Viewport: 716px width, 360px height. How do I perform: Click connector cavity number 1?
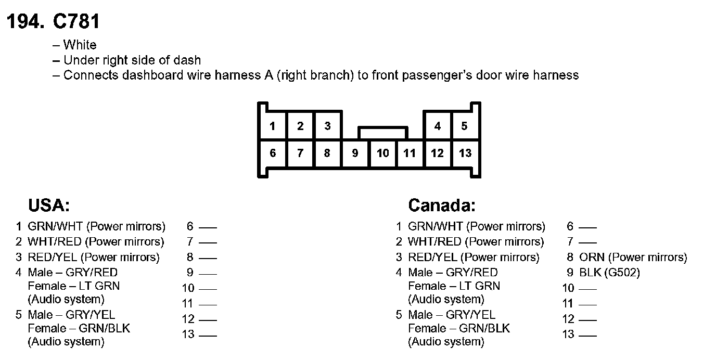[x=273, y=126]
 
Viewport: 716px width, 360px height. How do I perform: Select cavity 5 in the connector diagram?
[x=464, y=126]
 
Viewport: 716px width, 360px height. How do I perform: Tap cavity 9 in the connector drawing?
[x=355, y=153]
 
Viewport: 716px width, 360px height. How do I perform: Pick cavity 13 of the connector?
[x=465, y=153]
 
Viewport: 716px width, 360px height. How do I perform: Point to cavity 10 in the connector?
[x=382, y=153]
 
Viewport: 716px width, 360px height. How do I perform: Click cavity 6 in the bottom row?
[x=273, y=153]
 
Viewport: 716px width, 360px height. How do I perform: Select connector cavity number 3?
[x=327, y=126]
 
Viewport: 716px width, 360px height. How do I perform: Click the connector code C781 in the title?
[x=76, y=22]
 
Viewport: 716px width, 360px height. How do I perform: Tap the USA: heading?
[x=49, y=205]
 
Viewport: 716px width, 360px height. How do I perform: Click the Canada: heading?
[x=442, y=205]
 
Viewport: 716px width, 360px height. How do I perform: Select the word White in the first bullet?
[x=80, y=45]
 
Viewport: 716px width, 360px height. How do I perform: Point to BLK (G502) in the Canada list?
[x=609, y=272]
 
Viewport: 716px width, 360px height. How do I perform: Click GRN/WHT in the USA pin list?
[x=55, y=226]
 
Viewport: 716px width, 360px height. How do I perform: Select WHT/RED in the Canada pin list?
[x=434, y=242]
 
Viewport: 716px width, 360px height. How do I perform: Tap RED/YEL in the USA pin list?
[x=53, y=257]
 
